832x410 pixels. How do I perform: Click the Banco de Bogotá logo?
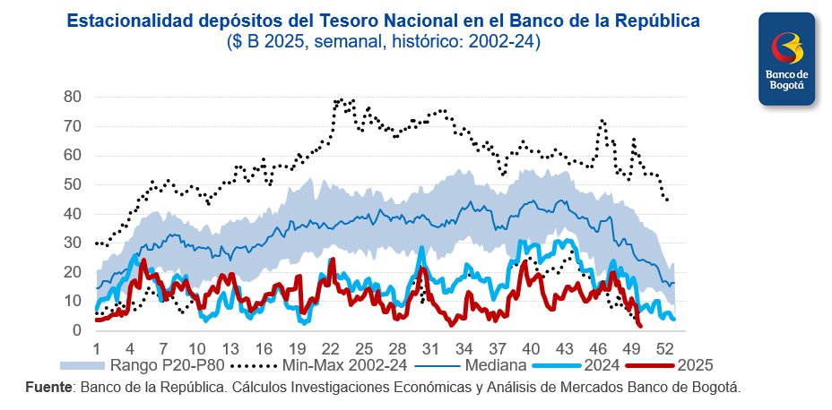point(786,59)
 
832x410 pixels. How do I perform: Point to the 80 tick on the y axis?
point(73,97)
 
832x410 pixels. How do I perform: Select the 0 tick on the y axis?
point(77,331)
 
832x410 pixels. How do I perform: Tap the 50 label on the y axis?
point(73,184)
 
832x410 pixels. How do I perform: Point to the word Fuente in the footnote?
point(50,387)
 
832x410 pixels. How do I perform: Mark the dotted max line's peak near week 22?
point(339,99)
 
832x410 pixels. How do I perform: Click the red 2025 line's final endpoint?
point(639,326)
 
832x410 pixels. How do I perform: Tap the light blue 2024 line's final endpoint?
point(673,319)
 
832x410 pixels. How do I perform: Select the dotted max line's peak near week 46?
point(602,120)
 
